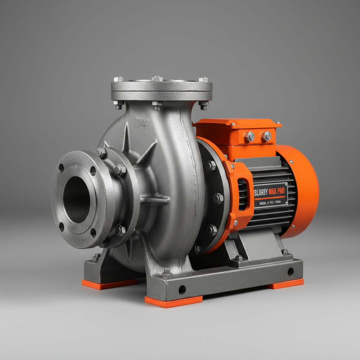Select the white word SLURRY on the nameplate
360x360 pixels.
pos(261,192)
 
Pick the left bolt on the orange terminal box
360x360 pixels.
pos(250,136)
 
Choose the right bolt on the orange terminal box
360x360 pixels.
pos(266,136)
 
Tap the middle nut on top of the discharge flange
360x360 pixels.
pos(157,78)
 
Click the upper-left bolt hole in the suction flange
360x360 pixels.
pos(61,168)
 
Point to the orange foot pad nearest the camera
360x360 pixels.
pos(173,301)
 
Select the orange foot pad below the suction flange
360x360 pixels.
pos(109,283)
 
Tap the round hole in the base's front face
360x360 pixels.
pos(182,290)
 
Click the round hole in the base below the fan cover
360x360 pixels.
pos(290,272)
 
